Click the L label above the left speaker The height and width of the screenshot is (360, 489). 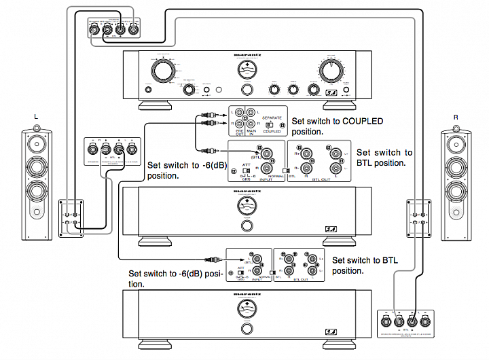pos(36,117)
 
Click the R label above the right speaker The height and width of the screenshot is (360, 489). pos(456,117)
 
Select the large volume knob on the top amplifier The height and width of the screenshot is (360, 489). pos(329,70)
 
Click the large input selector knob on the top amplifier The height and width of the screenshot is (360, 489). pos(163,70)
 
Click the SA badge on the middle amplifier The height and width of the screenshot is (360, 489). pos(331,229)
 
